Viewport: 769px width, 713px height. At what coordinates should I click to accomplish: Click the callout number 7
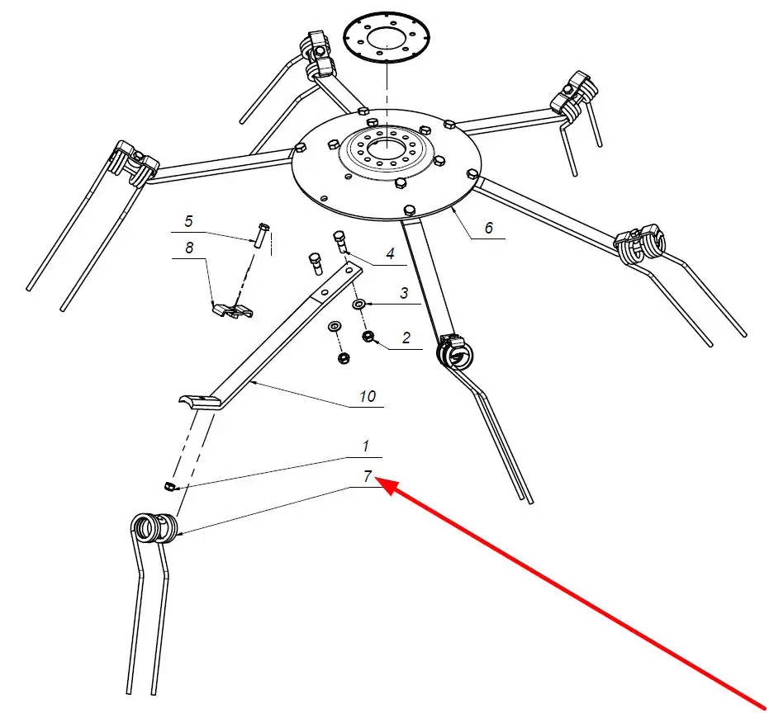click(368, 476)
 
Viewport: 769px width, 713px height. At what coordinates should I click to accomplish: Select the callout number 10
click(368, 396)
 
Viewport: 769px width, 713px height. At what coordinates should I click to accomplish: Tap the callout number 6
click(488, 228)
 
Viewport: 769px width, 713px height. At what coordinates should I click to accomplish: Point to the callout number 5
click(189, 221)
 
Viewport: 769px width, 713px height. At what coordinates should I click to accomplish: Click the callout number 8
click(189, 248)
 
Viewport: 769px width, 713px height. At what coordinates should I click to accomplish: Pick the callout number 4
click(391, 253)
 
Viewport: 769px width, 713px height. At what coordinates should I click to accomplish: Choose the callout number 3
click(404, 293)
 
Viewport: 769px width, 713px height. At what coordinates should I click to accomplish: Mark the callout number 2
click(406, 338)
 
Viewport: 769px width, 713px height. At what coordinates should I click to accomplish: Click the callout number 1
click(365, 446)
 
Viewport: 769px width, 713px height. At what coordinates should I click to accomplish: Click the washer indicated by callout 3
click(358, 305)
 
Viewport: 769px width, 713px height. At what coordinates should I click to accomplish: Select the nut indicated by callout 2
click(368, 337)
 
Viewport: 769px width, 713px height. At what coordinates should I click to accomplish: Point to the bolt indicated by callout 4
click(339, 240)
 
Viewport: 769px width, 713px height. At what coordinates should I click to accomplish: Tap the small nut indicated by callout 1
click(169, 486)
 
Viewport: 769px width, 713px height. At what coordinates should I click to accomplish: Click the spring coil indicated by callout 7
click(154, 528)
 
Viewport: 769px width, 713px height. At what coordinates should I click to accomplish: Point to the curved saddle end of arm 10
click(198, 401)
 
